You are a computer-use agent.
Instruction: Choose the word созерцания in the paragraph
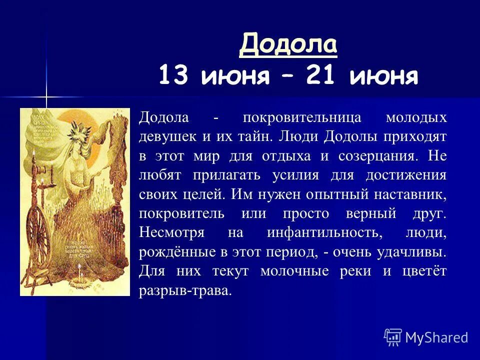click(377, 155)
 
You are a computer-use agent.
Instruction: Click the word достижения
click(406, 175)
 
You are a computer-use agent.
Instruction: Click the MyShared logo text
click(436, 337)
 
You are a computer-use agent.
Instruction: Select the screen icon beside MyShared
click(393, 337)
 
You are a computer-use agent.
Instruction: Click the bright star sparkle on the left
click(46, 96)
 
